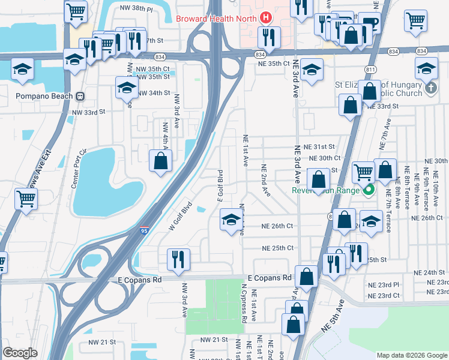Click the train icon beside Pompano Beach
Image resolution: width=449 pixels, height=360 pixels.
79,96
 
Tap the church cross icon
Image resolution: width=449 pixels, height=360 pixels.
430,89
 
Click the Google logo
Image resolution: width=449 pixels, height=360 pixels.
20,353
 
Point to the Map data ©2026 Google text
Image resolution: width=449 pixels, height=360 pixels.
411,355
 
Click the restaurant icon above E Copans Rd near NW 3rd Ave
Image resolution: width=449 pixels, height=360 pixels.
178,259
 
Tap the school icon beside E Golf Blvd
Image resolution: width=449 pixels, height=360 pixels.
231,220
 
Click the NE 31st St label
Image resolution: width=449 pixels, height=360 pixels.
319,146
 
